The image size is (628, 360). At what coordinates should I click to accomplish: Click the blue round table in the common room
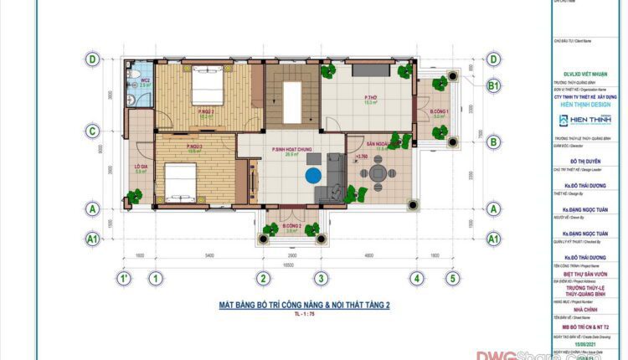313,176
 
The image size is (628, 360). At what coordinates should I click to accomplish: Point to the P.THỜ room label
369,100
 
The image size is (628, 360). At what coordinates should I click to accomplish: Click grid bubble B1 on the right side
494,85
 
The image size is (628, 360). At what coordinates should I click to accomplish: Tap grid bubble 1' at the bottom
123,278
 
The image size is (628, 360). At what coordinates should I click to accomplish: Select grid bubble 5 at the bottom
452,278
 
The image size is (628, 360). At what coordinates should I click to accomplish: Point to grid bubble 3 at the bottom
319,278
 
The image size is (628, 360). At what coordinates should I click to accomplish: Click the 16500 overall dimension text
287,262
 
